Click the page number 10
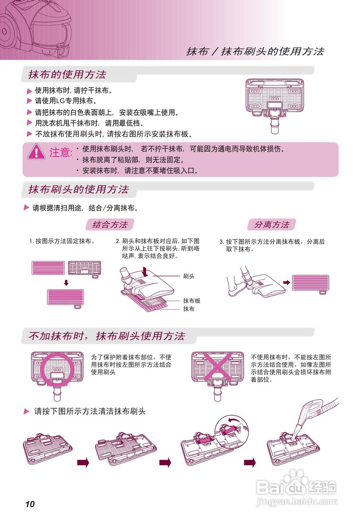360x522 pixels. pos(30,504)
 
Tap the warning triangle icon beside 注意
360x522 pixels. pos(37,152)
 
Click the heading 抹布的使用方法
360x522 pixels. pos(67,75)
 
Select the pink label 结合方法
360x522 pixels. pos(110,224)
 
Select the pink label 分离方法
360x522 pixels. pos(272,224)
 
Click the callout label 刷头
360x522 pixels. pos(189,276)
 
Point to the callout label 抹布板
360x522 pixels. pos(192,301)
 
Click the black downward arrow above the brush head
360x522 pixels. pos(144,271)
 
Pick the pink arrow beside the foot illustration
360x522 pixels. pos(287,282)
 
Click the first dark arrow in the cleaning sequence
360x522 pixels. pos(83,462)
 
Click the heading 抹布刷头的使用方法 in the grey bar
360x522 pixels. pos(78,190)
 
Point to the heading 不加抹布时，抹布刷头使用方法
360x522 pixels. pos(107,336)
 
